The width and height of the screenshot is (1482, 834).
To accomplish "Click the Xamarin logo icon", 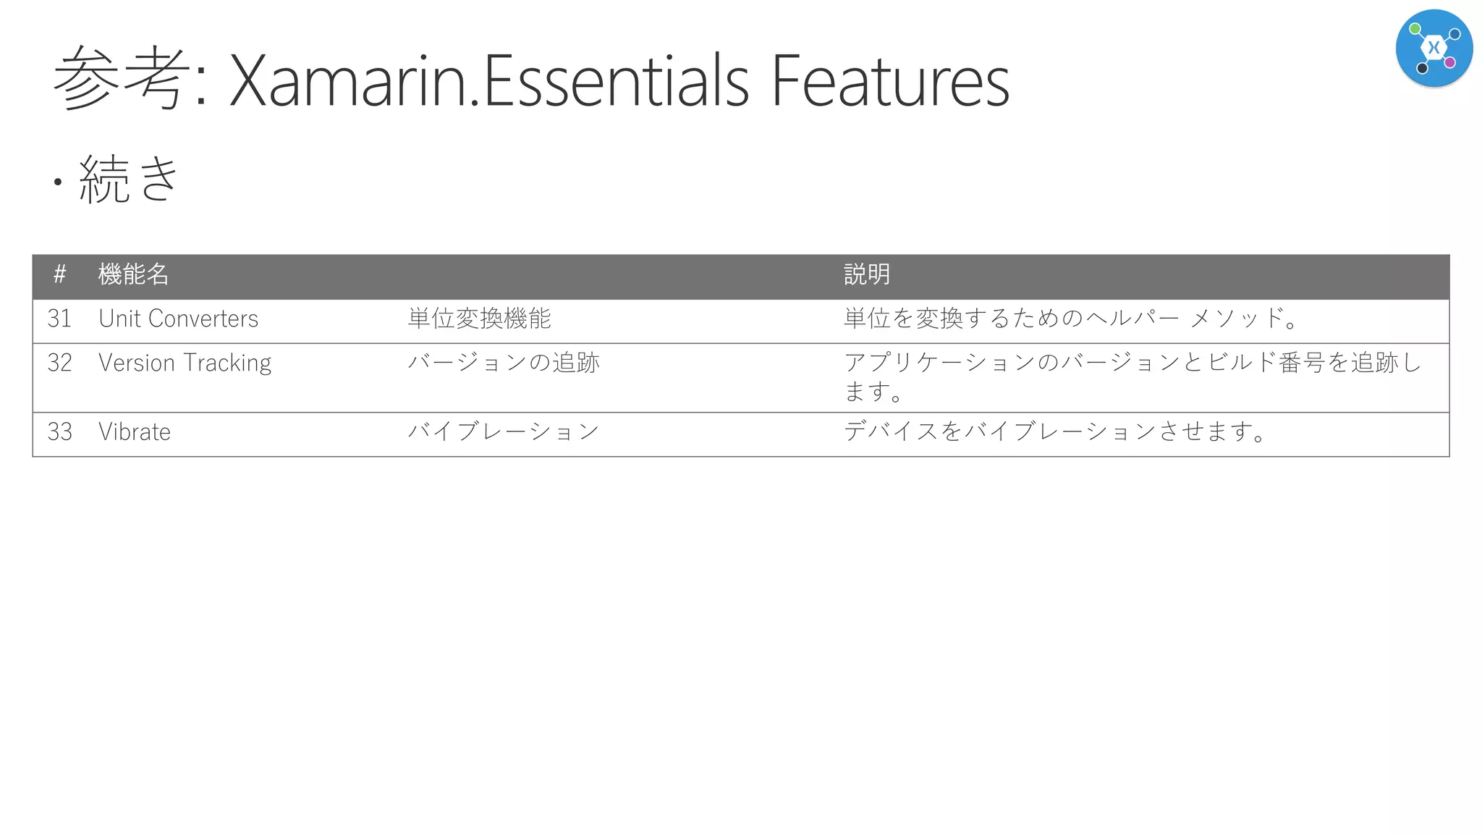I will [1434, 48].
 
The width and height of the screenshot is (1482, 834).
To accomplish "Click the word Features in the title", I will [889, 80].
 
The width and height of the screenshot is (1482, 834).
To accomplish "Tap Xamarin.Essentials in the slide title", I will [488, 80].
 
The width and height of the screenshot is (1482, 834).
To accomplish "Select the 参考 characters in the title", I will [121, 78].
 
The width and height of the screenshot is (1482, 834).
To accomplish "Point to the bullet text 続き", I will [129, 178].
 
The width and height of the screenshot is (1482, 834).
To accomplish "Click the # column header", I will [60, 274].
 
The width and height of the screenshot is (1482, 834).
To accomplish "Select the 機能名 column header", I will [134, 274].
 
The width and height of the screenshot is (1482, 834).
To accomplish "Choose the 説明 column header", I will [866, 274].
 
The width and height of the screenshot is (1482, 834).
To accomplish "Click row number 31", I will [60, 319].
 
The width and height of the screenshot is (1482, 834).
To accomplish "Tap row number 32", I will [60, 363].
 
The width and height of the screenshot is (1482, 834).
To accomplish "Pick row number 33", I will [60, 432].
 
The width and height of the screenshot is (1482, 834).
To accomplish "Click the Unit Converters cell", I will [178, 319].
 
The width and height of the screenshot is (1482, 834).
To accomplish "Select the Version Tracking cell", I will [185, 363].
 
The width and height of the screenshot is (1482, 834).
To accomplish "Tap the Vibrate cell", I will [135, 432].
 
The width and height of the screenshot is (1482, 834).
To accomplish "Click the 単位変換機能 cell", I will [479, 319].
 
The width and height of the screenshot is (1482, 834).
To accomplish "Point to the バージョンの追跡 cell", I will [504, 363].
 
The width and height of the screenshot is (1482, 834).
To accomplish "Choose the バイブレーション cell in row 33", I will [504, 432].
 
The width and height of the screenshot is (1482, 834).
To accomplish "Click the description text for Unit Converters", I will [1070, 319].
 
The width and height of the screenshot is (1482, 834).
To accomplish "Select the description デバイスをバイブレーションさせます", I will [1054, 432].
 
